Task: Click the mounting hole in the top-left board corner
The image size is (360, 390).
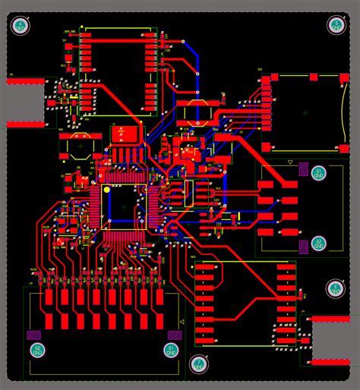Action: [x=21, y=27]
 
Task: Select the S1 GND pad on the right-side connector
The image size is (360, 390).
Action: [x=319, y=173]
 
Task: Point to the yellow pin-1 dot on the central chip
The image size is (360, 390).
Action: [x=107, y=188]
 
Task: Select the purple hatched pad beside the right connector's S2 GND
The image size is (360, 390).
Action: [x=304, y=245]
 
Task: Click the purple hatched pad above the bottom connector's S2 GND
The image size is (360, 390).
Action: [x=33, y=334]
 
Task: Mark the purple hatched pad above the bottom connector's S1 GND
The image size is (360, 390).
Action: [x=175, y=334]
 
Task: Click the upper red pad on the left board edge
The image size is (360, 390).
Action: [x=25, y=80]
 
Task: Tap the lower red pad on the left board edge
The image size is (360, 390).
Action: [x=25, y=123]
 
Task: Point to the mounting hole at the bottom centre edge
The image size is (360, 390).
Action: [x=198, y=364]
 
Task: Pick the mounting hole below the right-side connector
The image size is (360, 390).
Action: [x=335, y=288]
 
